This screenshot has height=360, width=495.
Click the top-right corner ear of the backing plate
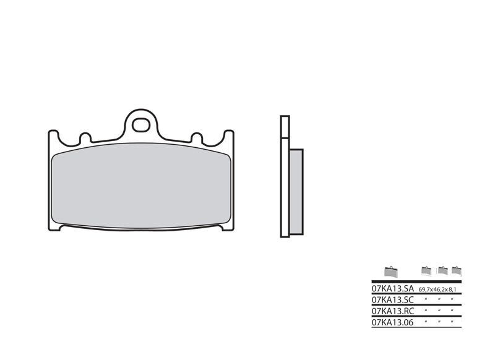coord(228,135)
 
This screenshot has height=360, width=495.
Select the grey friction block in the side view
coord(296,192)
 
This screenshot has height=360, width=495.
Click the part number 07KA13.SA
coord(392,289)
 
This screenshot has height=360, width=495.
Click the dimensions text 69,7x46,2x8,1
coord(439,289)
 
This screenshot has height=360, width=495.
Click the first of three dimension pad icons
coord(426,270)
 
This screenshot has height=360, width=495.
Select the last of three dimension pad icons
coord(457,270)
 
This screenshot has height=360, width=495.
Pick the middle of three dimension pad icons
coord(442,270)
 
